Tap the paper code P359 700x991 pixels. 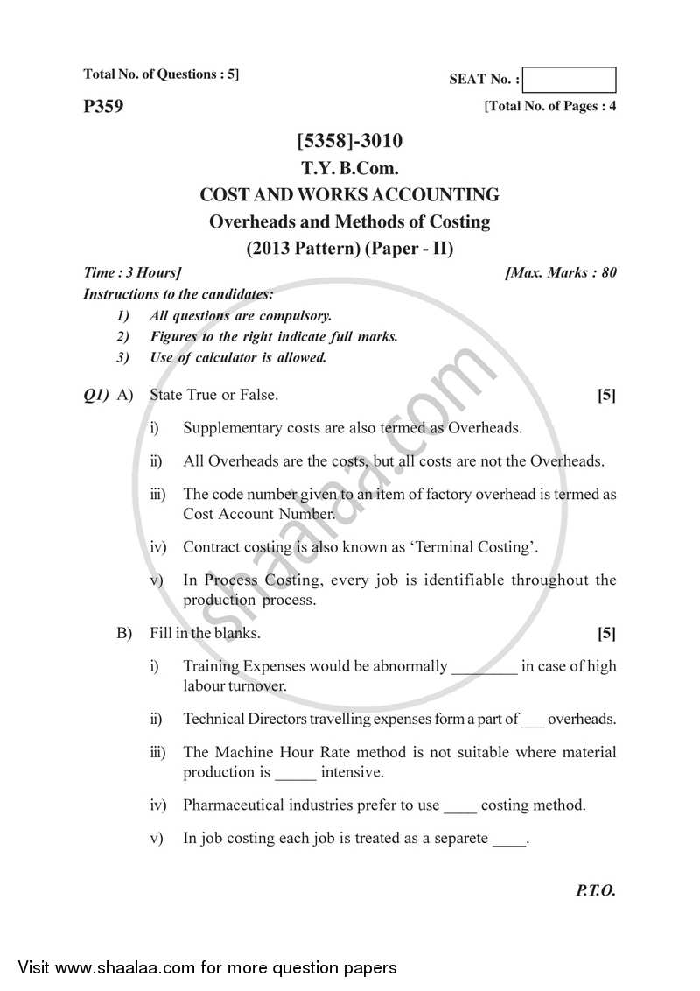[103, 108]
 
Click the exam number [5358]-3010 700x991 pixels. [350, 141]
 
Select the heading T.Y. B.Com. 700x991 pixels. [350, 168]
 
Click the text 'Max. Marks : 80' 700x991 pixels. [562, 272]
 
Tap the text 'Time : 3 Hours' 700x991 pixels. [133, 272]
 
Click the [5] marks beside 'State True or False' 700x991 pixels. [606, 396]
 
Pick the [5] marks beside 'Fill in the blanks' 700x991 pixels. [606, 633]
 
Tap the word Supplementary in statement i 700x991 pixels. [227, 428]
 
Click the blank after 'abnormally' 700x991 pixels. [484, 667]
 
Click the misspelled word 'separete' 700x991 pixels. [459, 838]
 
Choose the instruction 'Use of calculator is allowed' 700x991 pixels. [238, 357]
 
